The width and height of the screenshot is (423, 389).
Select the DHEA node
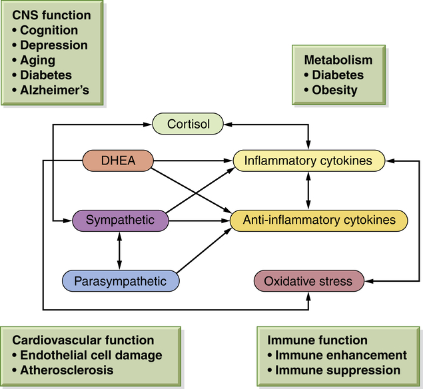point(118,160)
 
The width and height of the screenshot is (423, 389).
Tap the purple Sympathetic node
point(119,220)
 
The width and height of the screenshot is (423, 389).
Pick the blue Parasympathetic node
point(121,280)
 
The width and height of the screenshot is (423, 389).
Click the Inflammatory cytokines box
point(308,161)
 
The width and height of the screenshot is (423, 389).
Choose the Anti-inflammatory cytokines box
point(318,219)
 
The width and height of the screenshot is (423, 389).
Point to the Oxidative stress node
point(308,281)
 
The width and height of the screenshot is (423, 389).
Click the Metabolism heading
point(338,60)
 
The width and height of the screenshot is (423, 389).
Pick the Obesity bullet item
point(334,90)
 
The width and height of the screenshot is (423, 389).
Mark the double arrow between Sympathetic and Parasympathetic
point(119,250)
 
